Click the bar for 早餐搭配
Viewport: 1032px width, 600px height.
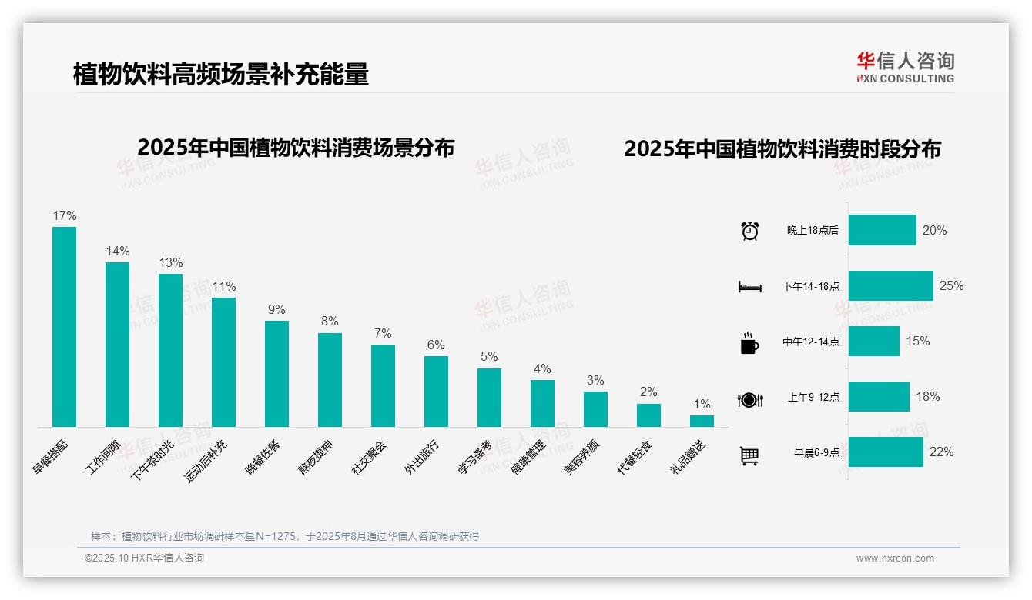click(x=64, y=327)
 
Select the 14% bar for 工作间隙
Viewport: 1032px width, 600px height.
click(x=117, y=345)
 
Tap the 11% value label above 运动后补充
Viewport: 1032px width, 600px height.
click(x=223, y=287)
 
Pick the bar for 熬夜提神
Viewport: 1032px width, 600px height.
click(x=330, y=380)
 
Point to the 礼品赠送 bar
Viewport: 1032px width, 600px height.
click(x=702, y=421)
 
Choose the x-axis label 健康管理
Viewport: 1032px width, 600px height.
click(x=528, y=457)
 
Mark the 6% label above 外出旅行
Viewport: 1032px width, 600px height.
click(x=436, y=345)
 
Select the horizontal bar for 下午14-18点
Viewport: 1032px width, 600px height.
click(x=890, y=286)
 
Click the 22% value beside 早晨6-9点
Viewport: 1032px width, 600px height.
click(x=941, y=452)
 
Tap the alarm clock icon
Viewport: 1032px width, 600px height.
click(x=749, y=231)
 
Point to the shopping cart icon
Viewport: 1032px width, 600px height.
click(x=749, y=455)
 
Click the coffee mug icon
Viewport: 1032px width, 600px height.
click(x=749, y=342)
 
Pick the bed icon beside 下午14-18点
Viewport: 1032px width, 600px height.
click(x=749, y=287)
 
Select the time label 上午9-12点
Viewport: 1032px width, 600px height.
click(x=813, y=398)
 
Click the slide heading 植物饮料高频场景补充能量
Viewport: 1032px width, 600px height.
click(x=221, y=74)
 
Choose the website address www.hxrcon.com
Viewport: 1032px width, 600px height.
click(x=895, y=558)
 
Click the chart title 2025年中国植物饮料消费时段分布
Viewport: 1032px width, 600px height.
click(x=782, y=149)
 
